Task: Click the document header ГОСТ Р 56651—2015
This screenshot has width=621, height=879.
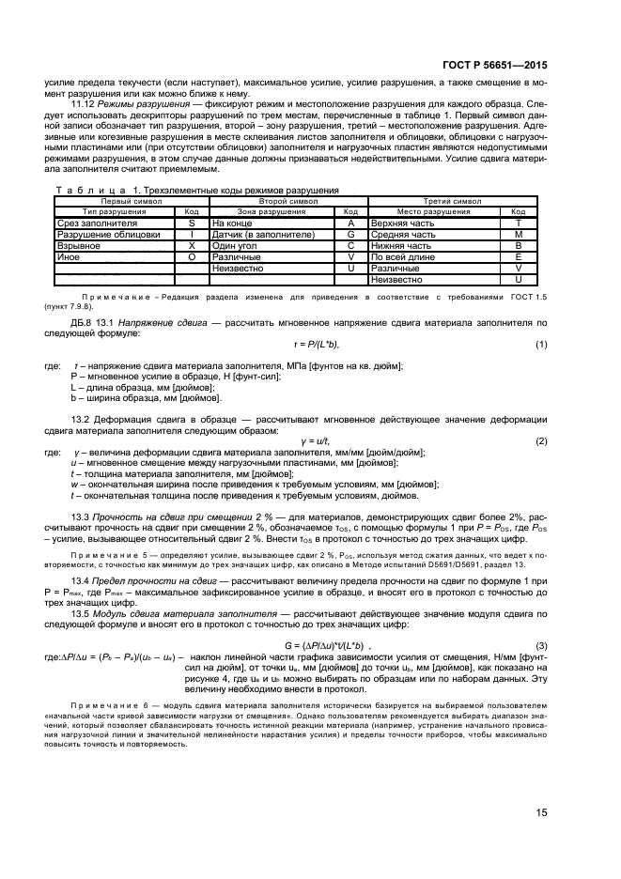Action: click(495, 66)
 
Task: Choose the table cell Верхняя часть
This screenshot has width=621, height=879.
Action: click(401, 224)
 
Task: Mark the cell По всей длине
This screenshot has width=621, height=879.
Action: click(402, 256)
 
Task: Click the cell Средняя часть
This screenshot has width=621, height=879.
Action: click(401, 234)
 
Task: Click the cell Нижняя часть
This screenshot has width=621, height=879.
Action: click(400, 245)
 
